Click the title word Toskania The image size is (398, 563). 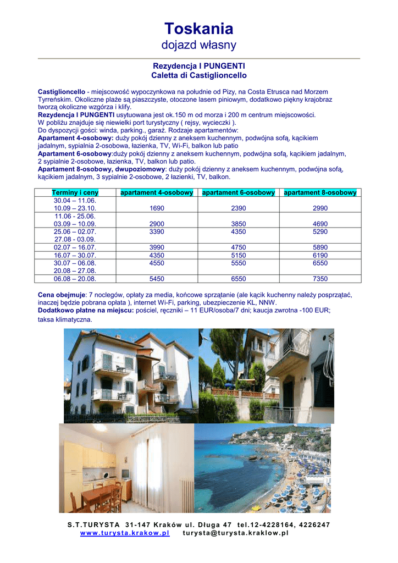tap(198, 29)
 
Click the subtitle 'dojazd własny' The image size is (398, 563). tap(198, 45)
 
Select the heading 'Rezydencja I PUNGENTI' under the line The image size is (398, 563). tap(198, 65)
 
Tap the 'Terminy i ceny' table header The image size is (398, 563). tap(75, 192)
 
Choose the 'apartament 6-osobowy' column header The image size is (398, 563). tap(238, 192)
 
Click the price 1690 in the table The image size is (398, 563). tap(157, 208)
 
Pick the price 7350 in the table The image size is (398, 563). tap(320, 279)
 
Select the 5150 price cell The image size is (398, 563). tap(238, 256)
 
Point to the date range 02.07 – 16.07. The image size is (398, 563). tap(75, 247)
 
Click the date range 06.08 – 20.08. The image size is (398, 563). tap(75, 279)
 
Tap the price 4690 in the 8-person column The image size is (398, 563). tap(320, 224)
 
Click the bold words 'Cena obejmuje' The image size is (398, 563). tap(61, 295)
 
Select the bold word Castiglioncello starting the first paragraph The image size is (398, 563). tap(60, 91)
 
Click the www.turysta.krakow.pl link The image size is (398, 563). tap(125, 533)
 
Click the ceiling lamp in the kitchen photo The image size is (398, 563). tap(99, 428)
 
